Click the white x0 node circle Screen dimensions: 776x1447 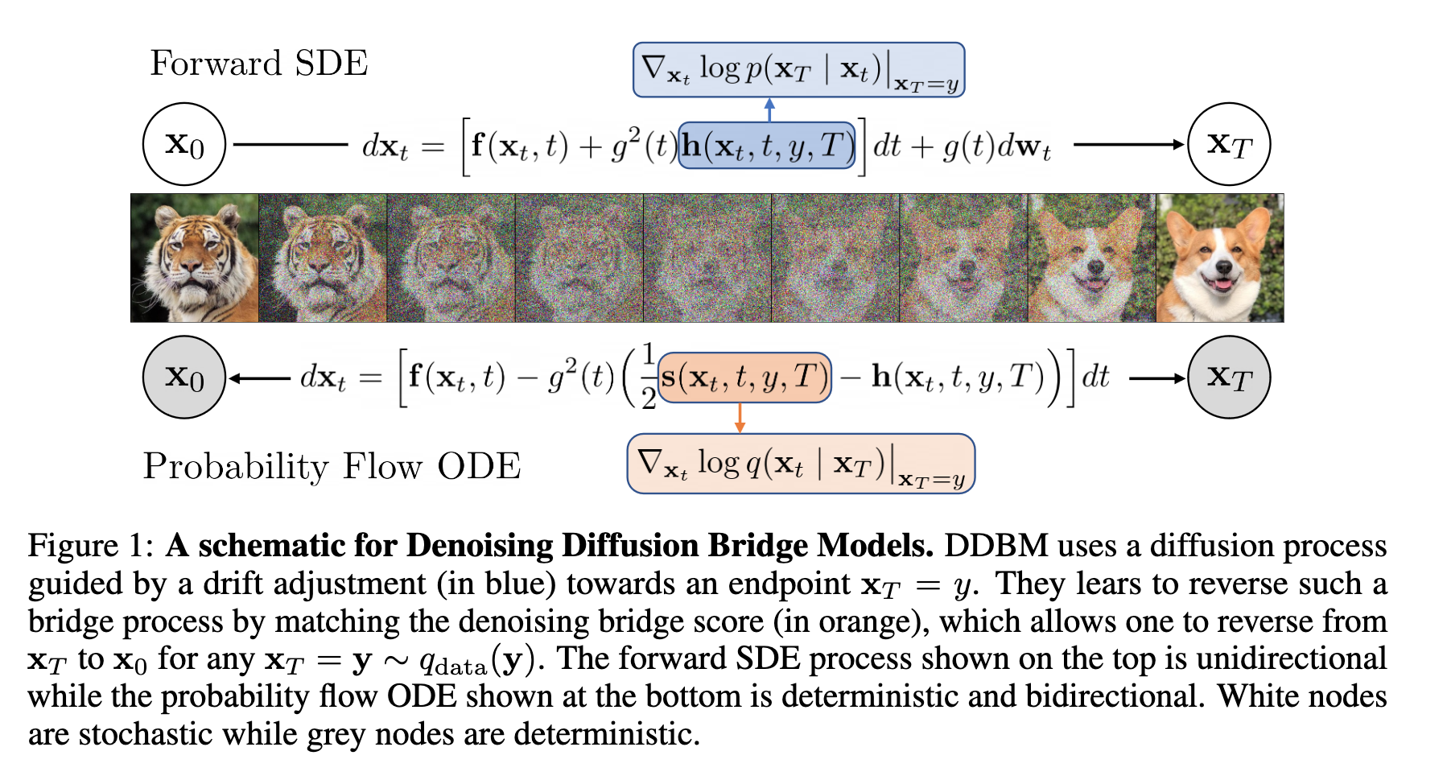click(184, 144)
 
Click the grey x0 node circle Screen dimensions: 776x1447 click(184, 377)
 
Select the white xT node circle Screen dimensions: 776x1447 click(1229, 144)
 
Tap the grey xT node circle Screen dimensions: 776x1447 click(1229, 377)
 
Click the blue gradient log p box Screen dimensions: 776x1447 click(798, 70)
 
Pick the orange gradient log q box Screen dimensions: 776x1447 click(801, 464)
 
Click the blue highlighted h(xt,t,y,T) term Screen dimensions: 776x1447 click(766, 146)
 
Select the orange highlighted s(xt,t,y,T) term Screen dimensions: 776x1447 click(744, 377)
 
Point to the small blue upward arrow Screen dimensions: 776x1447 click(769, 109)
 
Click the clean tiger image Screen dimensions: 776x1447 click(195, 258)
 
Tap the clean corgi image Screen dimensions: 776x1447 click(1220, 258)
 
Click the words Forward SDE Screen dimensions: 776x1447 click(259, 63)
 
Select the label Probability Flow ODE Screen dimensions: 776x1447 click(332, 466)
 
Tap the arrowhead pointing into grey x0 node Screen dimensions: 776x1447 click(235, 378)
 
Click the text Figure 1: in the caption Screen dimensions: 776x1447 click(90, 546)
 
